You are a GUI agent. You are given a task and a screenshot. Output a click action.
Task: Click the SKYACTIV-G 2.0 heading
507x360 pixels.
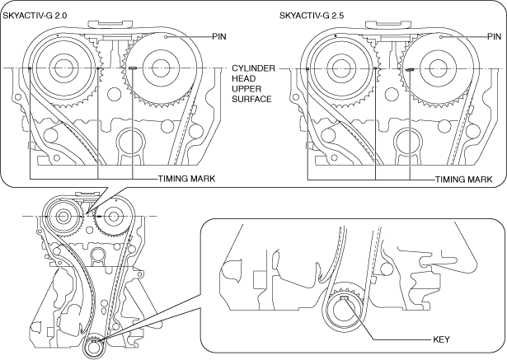[35, 16]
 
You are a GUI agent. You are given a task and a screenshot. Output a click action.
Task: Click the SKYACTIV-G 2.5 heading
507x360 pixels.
[312, 16]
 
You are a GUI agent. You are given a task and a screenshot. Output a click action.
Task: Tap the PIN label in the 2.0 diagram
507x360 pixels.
[219, 37]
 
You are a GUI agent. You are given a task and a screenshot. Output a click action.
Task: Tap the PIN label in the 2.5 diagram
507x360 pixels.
[495, 37]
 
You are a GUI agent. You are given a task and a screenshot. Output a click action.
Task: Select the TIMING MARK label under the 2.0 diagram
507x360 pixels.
[186, 179]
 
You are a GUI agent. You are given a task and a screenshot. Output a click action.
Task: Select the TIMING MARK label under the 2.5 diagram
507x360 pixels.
[463, 180]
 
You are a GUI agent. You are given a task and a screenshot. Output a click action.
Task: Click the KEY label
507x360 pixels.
[441, 339]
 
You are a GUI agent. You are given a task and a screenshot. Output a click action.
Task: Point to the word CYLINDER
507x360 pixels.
[254, 68]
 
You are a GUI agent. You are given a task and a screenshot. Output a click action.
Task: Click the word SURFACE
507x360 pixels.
[251, 99]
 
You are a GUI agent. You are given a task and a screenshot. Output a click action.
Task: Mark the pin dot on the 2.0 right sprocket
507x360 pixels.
[166, 37]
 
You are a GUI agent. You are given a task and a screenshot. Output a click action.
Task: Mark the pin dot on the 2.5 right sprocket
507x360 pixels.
[441, 37]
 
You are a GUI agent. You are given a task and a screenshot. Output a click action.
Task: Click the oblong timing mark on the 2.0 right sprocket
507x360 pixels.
[133, 68]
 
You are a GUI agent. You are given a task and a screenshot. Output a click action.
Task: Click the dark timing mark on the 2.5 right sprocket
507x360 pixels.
[410, 69]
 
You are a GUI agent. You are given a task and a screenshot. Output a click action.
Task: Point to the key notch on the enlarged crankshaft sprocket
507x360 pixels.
[345, 297]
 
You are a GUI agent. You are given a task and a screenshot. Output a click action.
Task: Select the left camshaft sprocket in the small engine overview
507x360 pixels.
[63, 216]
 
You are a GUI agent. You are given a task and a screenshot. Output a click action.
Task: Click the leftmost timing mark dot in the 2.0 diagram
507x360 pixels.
[30, 68]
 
